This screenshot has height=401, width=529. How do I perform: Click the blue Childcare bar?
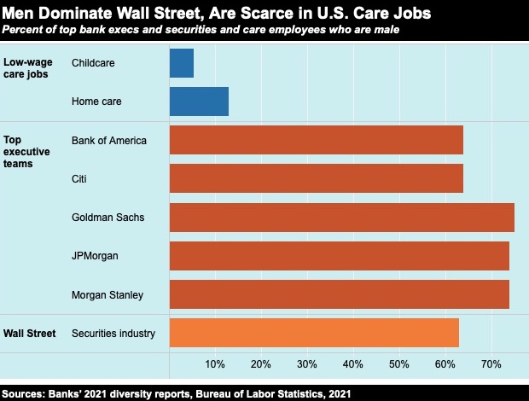pos(182,63)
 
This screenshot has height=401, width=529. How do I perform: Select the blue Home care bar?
pos(199,102)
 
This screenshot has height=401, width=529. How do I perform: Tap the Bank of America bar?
pos(317,140)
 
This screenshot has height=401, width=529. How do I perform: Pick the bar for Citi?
pos(317,178)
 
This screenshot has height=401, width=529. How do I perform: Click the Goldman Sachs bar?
pos(342,217)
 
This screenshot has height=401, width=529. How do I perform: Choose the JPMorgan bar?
pos(340,255)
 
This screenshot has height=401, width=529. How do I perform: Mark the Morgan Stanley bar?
pos(340,293)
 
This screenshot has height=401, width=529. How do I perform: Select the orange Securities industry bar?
pos(314,333)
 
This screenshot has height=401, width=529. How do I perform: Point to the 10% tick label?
pos(215,365)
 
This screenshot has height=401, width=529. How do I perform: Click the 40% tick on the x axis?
pos(353,365)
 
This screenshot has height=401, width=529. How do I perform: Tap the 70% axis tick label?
pos(491,365)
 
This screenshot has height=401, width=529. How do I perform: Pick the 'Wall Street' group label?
pos(31,333)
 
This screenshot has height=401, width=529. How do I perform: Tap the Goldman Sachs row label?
pos(108,217)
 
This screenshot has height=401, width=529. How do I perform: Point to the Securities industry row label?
pos(113,333)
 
